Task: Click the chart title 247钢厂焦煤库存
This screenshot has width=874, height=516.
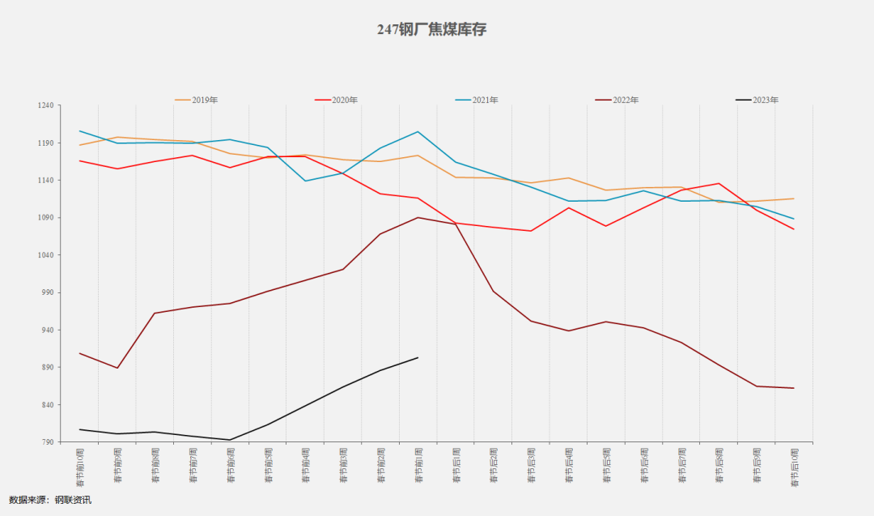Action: coord(431,30)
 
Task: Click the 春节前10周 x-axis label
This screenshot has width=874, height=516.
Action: coord(80,467)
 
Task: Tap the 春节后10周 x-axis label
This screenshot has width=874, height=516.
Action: coord(794,467)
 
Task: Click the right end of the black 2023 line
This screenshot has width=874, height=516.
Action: coord(418,357)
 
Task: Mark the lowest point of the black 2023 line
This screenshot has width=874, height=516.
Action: coord(230,440)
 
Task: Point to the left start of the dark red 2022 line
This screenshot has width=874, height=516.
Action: coord(79,353)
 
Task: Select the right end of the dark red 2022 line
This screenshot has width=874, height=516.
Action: coord(794,388)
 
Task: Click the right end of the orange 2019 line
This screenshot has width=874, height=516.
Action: coord(794,198)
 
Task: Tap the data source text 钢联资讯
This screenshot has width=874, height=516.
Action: coord(73,500)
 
